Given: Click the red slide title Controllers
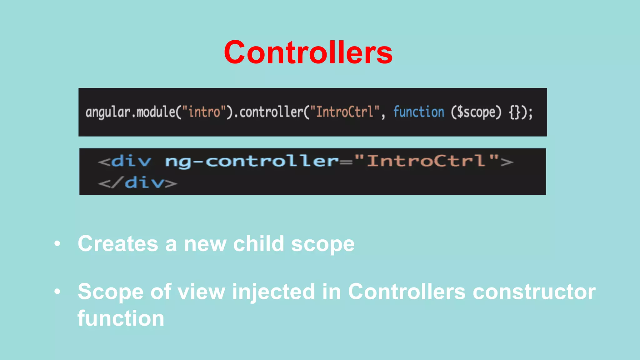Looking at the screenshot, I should [x=308, y=52].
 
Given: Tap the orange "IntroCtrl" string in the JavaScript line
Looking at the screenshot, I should [x=345, y=112].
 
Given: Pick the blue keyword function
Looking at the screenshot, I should [x=418, y=112].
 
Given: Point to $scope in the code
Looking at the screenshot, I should [x=476, y=112].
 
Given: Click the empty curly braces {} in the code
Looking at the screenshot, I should [x=514, y=112].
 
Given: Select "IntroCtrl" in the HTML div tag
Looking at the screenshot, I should [x=426, y=161].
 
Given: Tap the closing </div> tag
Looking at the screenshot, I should [x=138, y=182].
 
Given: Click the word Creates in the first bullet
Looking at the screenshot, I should [x=118, y=244].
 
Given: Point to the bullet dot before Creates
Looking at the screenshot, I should [x=57, y=244].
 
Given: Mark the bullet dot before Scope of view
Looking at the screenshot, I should [x=57, y=292].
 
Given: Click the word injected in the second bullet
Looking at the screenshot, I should [x=273, y=292].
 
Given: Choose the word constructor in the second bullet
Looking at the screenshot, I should [x=534, y=292].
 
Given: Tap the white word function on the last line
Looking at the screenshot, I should [x=121, y=318].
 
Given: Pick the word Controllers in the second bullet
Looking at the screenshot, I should [x=407, y=292].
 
